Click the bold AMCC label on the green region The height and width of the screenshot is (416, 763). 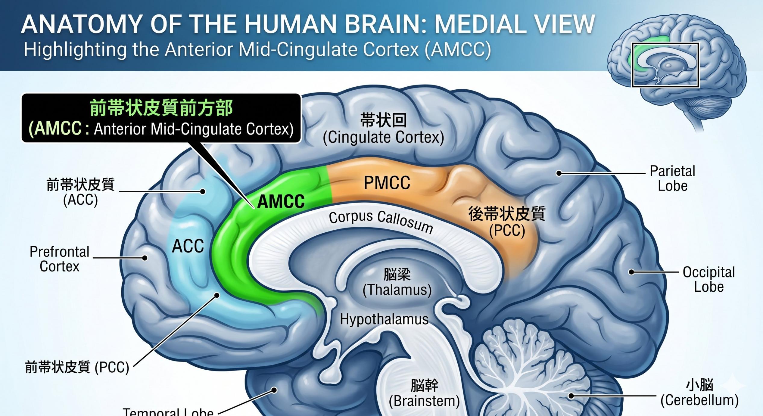tap(281, 202)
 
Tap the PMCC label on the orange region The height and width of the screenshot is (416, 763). tap(387, 183)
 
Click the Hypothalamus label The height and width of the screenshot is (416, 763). tap(384, 319)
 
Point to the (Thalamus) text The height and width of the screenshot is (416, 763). tap(397, 290)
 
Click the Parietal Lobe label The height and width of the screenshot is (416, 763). tap(672, 179)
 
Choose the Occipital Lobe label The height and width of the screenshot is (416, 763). tap(708, 279)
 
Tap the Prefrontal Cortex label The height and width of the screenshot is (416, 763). tap(60, 259)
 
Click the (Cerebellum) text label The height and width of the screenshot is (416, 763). tap(699, 400)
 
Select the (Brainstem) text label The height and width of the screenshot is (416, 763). tap(424, 401)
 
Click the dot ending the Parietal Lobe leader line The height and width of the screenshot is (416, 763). tap(559, 173)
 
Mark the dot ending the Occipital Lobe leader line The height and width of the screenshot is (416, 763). tap(631, 272)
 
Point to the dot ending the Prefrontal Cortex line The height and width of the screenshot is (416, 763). tap(145, 258)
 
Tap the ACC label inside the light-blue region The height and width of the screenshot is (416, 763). tap(188, 247)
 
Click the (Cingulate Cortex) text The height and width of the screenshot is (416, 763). tap(383, 138)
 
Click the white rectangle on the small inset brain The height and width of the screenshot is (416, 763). tap(665, 65)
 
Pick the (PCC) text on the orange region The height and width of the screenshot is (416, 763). tap(507, 231)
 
